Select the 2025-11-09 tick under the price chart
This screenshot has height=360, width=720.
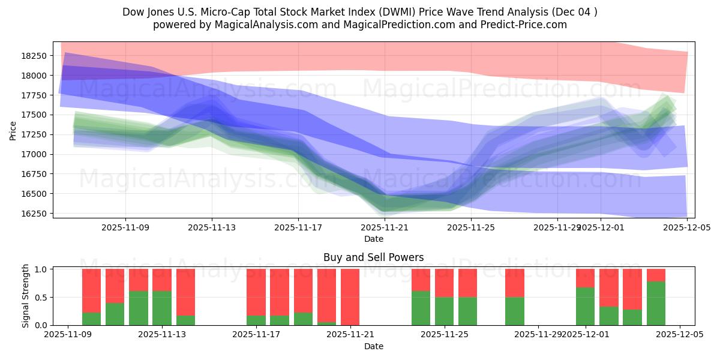tap(125, 228)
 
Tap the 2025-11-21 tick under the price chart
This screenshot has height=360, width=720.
tap(385, 228)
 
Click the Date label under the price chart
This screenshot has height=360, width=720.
tap(374, 239)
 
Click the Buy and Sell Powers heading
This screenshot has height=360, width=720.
tap(373, 257)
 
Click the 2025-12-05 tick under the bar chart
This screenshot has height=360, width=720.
tap(680, 335)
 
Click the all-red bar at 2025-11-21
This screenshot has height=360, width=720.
tap(350, 297)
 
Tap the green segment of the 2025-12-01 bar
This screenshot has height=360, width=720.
tap(585, 306)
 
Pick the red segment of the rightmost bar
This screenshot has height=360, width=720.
tap(656, 275)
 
